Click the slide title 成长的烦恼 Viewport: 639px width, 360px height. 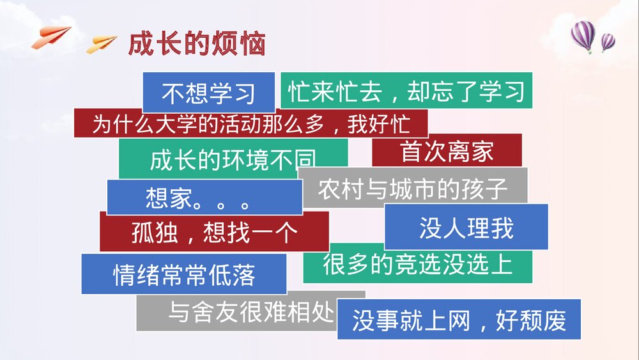(197, 44)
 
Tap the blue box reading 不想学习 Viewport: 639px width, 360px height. (208, 93)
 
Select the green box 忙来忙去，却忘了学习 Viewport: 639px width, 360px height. (406, 91)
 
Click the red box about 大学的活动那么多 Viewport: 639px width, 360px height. (250, 123)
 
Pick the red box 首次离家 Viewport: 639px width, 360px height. (447, 152)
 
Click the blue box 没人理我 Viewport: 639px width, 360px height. (466, 227)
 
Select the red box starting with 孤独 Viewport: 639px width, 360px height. (213, 232)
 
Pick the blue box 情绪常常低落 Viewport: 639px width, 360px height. (184, 274)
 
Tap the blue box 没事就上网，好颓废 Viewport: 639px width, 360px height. (459, 320)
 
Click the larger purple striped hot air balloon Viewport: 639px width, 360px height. (582, 35)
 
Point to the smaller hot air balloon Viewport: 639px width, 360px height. (608, 43)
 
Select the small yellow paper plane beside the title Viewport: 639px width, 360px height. (102, 43)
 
